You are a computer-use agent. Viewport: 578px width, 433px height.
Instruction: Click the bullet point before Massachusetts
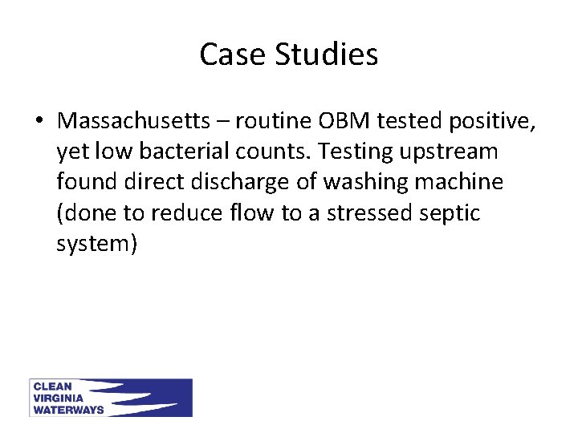click(x=39, y=121)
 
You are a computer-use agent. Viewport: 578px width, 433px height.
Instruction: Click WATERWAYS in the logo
click(x=68, y=410)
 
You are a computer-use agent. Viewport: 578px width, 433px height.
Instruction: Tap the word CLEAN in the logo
click(x=52, y=386)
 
